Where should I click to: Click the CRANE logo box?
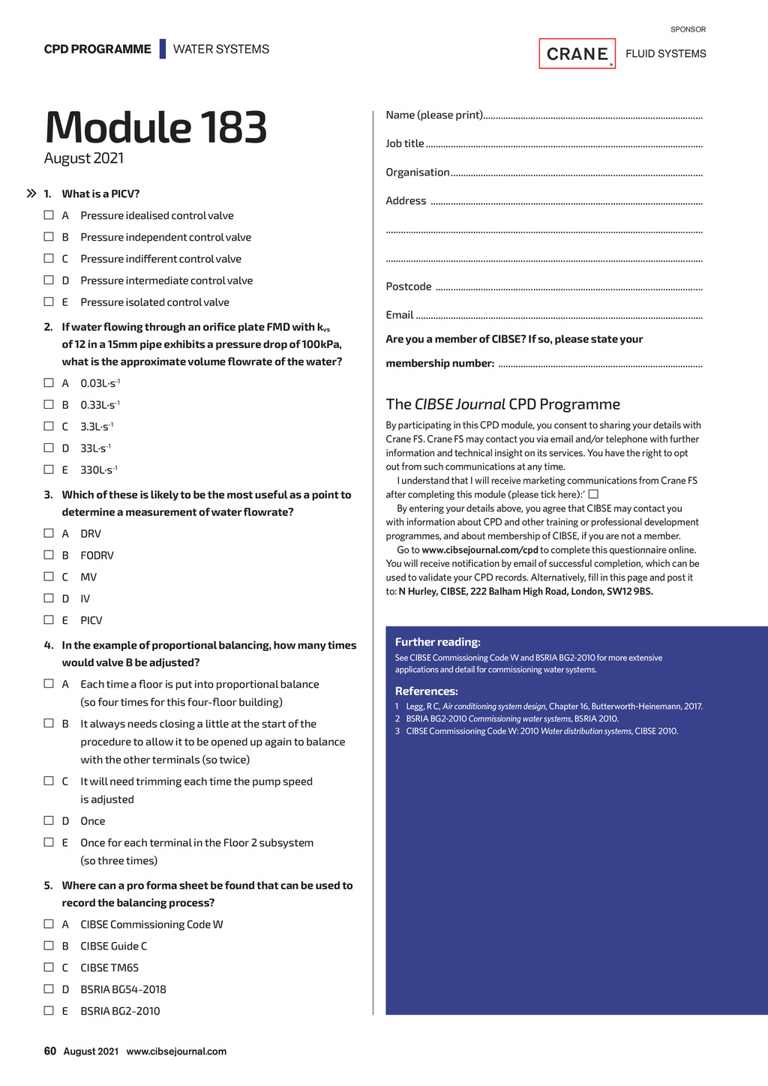point(577,54)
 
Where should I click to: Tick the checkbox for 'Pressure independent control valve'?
point(49,237)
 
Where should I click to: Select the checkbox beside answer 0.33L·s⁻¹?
point(49,405)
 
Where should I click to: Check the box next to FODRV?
point(49,555)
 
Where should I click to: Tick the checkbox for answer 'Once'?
point(49,820)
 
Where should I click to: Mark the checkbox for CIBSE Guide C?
point(49,946)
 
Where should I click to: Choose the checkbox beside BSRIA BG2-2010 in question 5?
point(49,1011)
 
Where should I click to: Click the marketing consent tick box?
point(593,494)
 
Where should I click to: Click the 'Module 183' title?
point(156,127)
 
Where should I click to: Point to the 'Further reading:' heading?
point(437,642)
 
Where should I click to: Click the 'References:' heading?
point(426,691)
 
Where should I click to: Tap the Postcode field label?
point(409,286)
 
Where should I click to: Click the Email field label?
point(400,315)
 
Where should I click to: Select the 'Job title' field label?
point(405,143)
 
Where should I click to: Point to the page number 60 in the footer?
point(50,1051)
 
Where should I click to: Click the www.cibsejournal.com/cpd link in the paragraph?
point(480,550)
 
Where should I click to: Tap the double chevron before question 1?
point(31,193)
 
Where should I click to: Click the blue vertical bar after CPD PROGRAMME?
point(162,49)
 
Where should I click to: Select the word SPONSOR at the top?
point(688,29)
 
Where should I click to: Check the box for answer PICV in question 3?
point(49,620)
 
